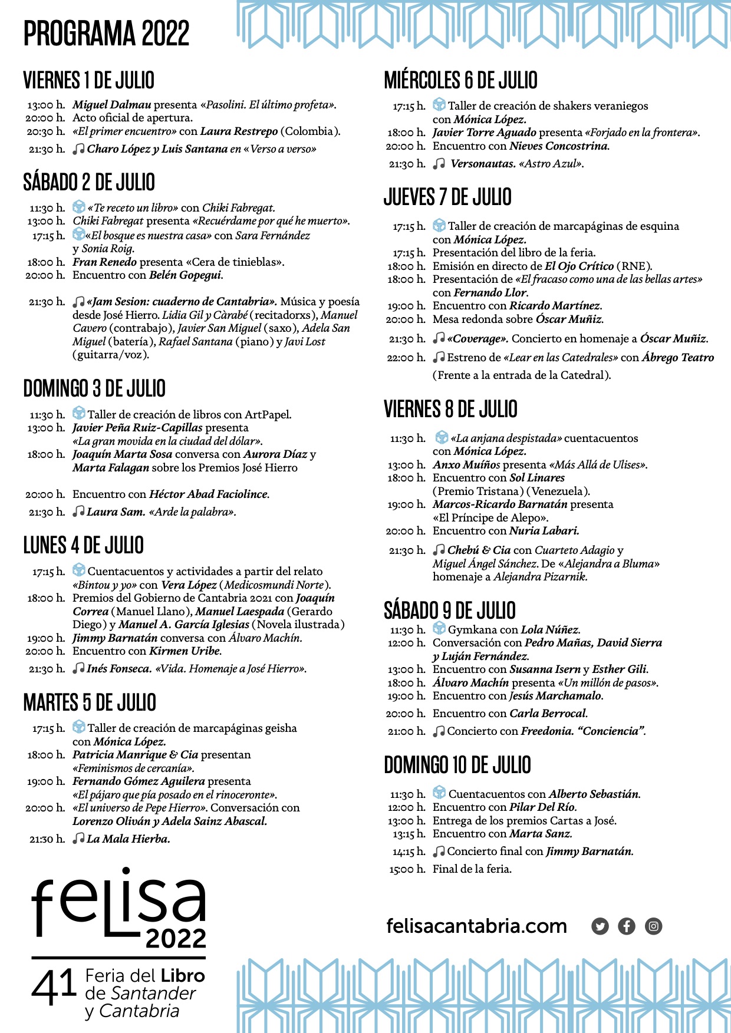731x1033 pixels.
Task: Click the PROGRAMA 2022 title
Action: pos(106,33)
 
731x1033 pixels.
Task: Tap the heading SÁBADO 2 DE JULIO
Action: pos(89,182)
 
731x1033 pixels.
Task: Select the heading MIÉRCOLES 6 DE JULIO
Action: pos(460,80)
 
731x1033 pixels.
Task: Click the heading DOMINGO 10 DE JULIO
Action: pos(457,765)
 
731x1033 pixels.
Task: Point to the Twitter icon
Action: pos(600,926)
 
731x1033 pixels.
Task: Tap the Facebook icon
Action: pos(626,926)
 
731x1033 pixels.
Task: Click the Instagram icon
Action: pos(653,926)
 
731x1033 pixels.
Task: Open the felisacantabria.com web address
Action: pos(476,926)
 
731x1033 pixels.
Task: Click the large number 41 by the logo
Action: pos(54,986)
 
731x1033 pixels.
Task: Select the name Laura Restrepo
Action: pos(239,131)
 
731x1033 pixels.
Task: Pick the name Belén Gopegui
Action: pos(186,275)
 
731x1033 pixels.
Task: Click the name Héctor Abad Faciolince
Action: pos(209,494)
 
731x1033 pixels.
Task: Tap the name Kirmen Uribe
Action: pos(185,651)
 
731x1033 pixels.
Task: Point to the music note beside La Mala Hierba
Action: pos(78,839)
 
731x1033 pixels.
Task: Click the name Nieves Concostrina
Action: pos(559,146)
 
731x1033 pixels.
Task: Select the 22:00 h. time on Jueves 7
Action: pos(406,358)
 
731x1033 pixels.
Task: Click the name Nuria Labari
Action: pos(544,531)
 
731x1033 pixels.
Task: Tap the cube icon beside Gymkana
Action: pos(439,629)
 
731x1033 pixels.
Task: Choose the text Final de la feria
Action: pos(472,869)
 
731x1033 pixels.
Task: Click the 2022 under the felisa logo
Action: pos(176,938)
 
